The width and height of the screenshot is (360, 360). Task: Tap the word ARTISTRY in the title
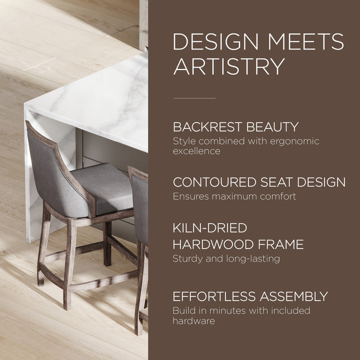(229, 66)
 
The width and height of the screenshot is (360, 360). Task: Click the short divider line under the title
(194, 98)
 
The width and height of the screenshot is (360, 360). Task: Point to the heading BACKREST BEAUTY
(235, 126)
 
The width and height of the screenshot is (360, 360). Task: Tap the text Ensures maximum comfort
(234, 196)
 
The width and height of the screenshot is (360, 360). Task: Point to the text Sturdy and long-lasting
(226, 258)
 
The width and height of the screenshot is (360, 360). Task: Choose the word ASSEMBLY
(296, 296)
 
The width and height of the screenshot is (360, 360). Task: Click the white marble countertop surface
(95, 100)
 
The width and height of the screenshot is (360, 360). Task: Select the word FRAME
(285, 244)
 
